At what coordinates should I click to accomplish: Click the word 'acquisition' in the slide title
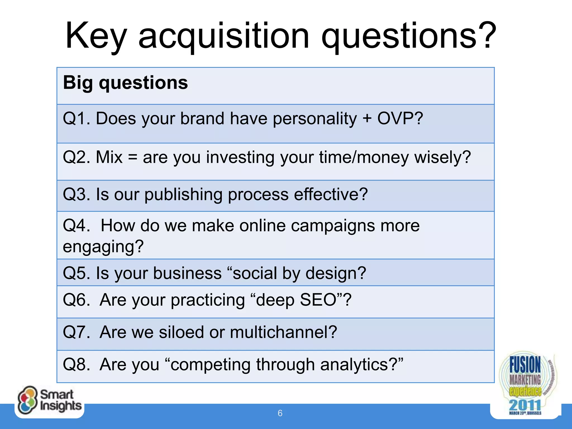(224, 36)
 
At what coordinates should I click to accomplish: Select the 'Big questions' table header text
(125, 83)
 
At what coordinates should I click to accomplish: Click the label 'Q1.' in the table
(77, 118)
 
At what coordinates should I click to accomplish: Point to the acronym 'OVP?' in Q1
(400, 118)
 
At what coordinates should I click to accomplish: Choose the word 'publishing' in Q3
(183, 194)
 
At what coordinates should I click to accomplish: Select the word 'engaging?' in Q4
(103, 247)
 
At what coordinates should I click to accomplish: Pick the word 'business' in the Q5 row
(187, 273)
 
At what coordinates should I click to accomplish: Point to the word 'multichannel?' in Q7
(283, 332)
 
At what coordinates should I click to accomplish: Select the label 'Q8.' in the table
(77, 365)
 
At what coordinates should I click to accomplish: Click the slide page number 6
(280, 413)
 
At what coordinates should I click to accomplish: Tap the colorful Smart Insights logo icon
(27, 400)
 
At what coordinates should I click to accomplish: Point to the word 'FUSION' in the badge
(525, 364)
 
